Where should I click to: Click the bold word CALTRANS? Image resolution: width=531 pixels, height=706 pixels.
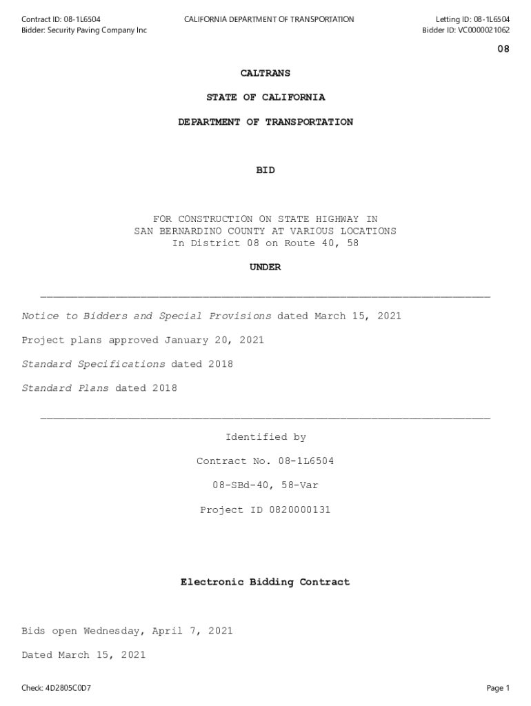tap(265, 73)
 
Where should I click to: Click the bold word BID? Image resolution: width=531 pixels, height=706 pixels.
tap(265, 170)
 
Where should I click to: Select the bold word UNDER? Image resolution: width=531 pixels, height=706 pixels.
tap(265, 268)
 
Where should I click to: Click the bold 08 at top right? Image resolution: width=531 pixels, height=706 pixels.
tap(503, 50)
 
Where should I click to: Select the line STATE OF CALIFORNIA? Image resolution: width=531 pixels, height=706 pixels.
tap(265, 97)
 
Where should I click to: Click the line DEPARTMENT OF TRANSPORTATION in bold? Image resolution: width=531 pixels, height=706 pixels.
tap(265, 122)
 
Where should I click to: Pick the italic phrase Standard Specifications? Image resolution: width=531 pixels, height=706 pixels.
tap(93, 364)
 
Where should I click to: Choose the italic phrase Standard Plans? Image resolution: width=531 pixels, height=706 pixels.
tap(65, 388)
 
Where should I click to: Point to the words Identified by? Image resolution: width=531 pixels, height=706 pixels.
tap(265, 437)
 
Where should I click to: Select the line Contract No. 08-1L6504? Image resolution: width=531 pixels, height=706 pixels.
tap(265, 461)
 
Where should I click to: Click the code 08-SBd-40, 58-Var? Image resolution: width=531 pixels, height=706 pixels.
tap(265, 485)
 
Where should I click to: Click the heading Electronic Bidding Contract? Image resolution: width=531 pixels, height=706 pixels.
tap(265, 583)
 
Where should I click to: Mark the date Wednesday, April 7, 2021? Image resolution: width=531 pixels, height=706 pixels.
tap(158, 631)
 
